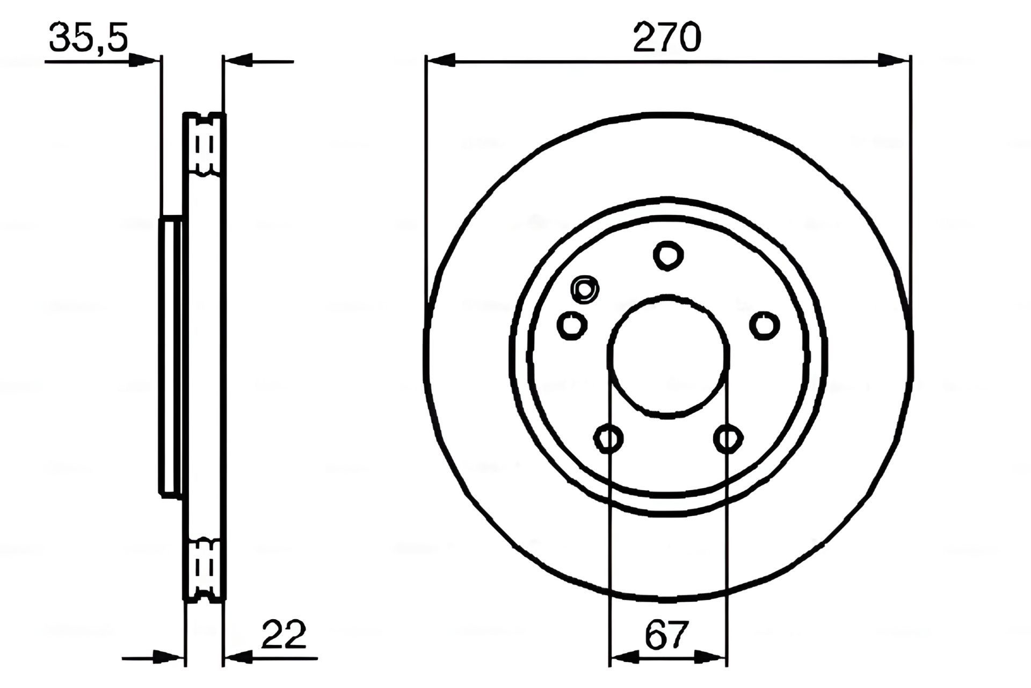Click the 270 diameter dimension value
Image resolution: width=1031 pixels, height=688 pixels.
click(667, 37)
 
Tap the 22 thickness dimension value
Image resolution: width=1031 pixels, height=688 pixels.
click(284, 634)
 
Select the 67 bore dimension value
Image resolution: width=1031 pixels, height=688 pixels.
click(667, 635)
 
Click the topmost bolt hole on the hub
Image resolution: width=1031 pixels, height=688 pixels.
click(668, 255)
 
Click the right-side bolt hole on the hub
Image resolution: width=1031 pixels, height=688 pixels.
click(764, 325)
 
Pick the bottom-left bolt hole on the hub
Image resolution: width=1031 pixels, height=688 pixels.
click(608, 438)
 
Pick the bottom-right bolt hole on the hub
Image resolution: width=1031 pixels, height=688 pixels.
click(728, 438)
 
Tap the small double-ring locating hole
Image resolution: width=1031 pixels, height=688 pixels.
click(585, 290)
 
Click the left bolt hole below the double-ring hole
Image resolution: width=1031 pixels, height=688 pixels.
click(572, 325)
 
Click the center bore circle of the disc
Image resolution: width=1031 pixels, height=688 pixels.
click(668, 356)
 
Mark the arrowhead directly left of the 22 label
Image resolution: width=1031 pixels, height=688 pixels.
click(238, 657)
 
